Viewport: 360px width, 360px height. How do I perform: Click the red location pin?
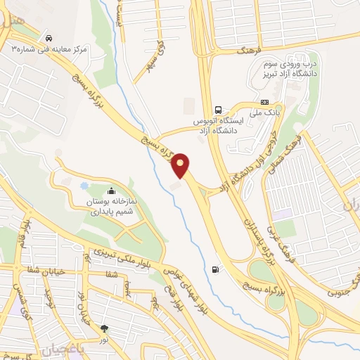[x=181, y=165]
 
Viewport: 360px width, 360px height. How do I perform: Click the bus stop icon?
[x=219, y=110]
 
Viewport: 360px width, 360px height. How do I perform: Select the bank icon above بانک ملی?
[x=264, y=102]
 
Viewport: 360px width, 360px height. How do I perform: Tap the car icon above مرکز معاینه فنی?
[x=48, y=37]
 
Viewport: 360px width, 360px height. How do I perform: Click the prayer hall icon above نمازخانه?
[x=112, y=191]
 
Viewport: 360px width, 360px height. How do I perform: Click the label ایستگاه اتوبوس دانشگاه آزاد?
[x=218, y=126]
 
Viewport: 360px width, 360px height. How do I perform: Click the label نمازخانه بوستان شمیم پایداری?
[x=112, y=206]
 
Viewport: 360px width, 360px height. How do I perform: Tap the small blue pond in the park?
[x=84, y=186]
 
